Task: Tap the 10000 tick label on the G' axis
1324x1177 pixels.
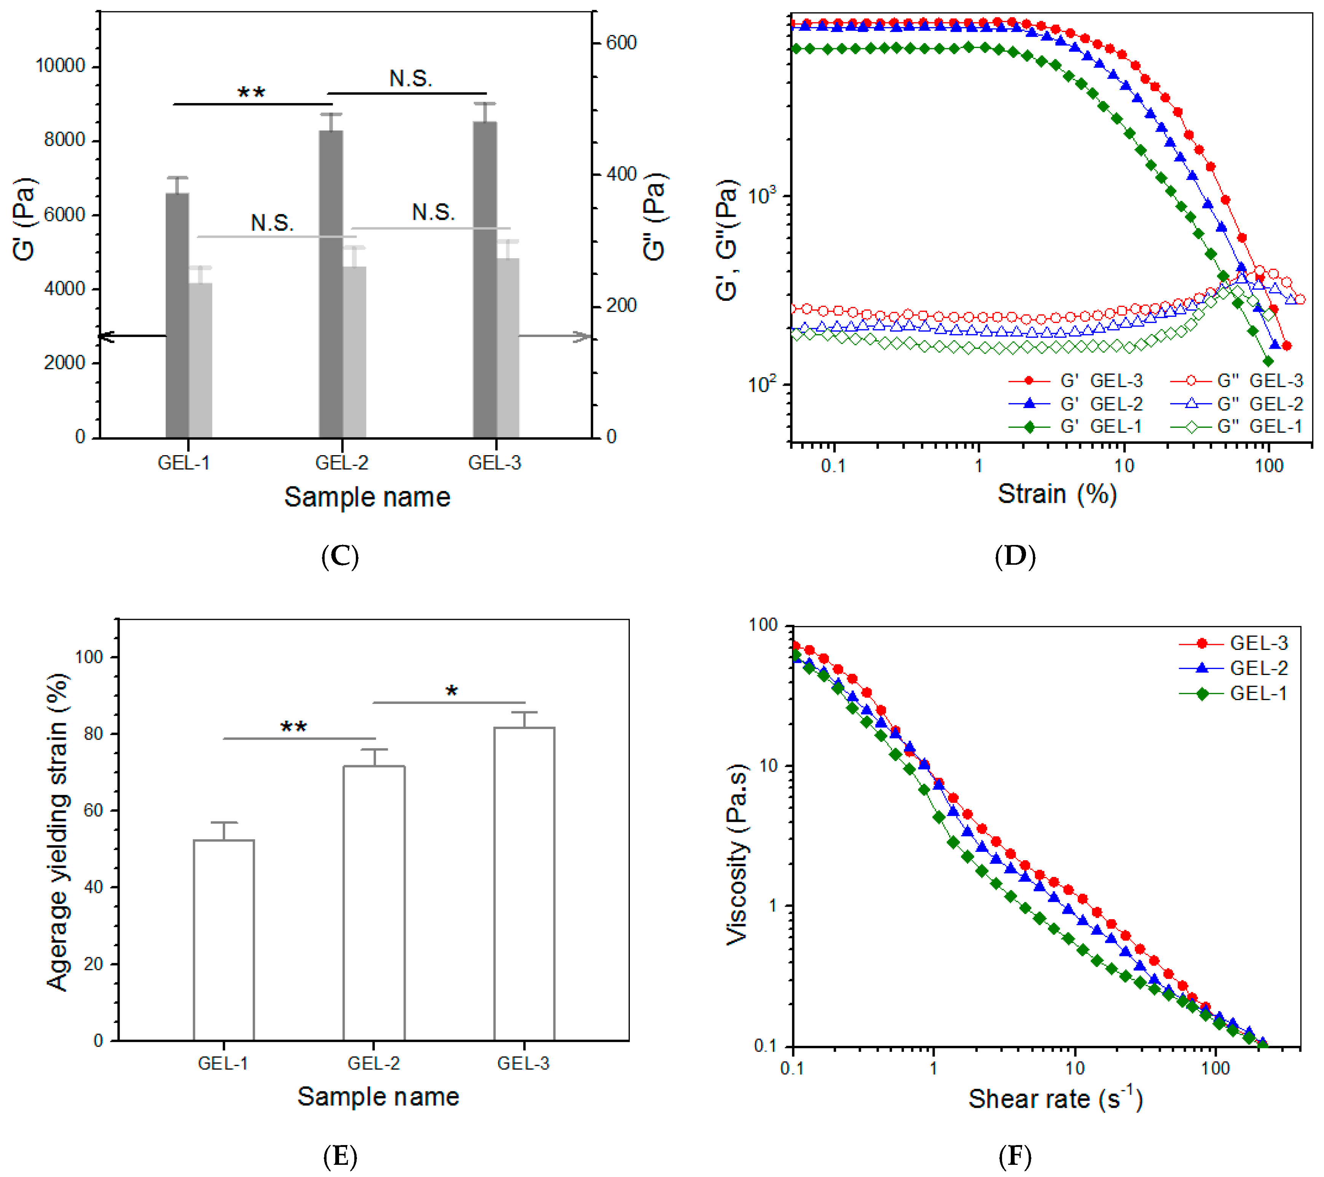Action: (x=60, y=66)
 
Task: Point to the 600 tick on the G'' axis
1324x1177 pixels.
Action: (x=621, y=43)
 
